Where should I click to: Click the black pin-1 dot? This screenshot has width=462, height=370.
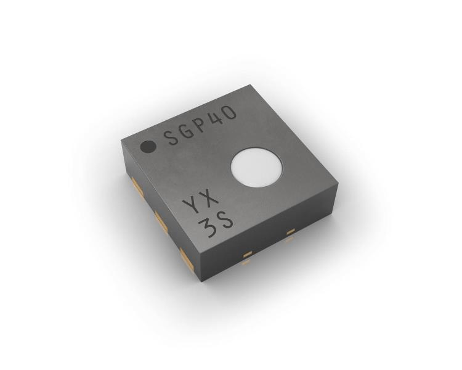(148, 147)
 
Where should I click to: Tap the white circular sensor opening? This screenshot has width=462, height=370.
(256, 167)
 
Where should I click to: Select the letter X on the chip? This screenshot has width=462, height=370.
(209, 197)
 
